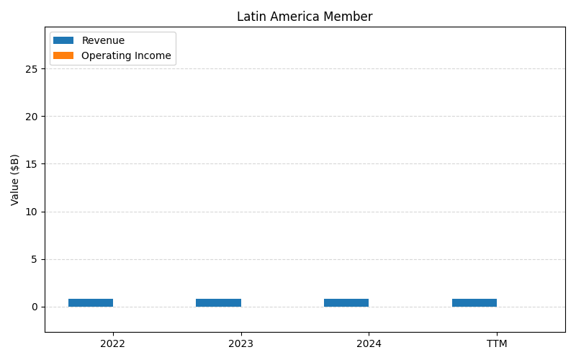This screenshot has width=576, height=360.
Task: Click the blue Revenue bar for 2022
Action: click(91, 302)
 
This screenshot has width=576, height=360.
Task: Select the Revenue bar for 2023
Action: click(218, 302)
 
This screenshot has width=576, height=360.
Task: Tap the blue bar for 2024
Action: click(346, 302)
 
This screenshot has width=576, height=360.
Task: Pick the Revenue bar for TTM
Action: click(474, 302)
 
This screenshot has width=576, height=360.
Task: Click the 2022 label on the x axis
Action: click(113, 343)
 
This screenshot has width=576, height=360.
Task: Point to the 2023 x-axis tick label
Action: click(240, 343)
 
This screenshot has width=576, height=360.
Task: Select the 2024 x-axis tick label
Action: click(369, 343)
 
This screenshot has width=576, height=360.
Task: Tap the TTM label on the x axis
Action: click(497, 343)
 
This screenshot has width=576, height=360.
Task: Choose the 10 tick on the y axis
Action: click(32, 212)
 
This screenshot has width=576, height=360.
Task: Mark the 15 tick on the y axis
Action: click(32, 164)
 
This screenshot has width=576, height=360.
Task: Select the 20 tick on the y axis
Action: click(32, 116)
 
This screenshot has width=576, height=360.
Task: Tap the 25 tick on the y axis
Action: click(32, 68)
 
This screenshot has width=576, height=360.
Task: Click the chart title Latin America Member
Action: click(305, 17)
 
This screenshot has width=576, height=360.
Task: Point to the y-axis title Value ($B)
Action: click(15, 179)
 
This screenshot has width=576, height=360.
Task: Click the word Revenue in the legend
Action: click(103, 40)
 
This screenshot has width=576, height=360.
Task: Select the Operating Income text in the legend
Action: click(126, 55)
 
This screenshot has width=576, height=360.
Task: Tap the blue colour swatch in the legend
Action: click(63, 40)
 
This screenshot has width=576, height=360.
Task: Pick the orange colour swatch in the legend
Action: click(63, 55)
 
